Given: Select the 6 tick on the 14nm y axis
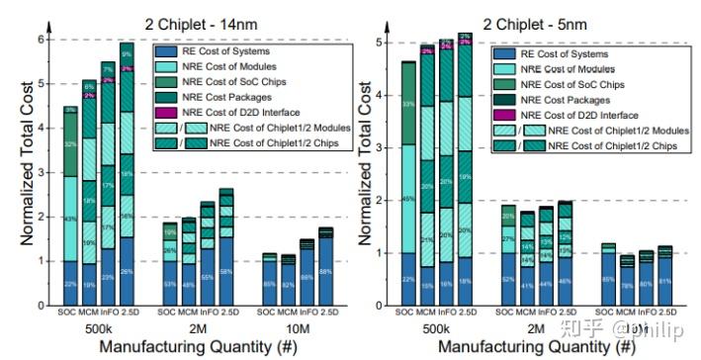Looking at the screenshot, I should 42,40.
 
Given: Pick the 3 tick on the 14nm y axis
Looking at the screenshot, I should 42,172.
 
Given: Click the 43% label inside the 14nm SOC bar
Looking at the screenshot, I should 70,219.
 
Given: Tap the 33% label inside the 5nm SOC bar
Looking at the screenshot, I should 407,103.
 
